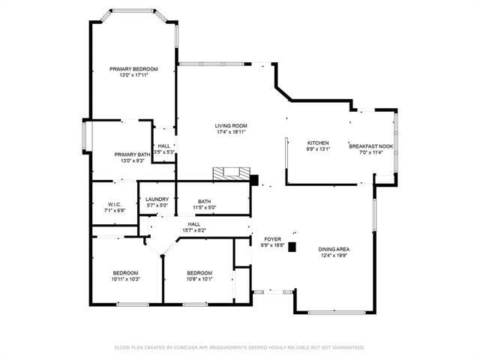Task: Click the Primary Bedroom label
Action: tap(133, 69)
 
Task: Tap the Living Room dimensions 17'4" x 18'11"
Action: tap(231, 132)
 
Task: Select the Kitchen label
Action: tap(318, 142)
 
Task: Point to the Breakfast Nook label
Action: tap(371, 146)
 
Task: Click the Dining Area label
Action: tap(334, 249)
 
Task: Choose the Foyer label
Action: tap(271, 239)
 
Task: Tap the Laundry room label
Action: tap(157, 199)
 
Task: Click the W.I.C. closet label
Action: tap(114, 205)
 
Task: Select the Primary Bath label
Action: tap(132, 154)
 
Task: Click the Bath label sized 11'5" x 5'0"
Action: tap(204, 201)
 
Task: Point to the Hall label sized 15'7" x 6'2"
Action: tap(194, 224)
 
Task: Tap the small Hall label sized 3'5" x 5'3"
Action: tap(164, 146)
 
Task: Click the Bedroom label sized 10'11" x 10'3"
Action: tap(126, 272)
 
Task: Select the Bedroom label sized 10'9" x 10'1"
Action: tap(199, 272)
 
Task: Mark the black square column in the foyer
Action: tap(292, 246)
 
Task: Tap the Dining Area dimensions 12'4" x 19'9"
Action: tap(334, 256)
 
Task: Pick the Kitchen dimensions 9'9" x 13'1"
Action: tap(318, 148)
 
